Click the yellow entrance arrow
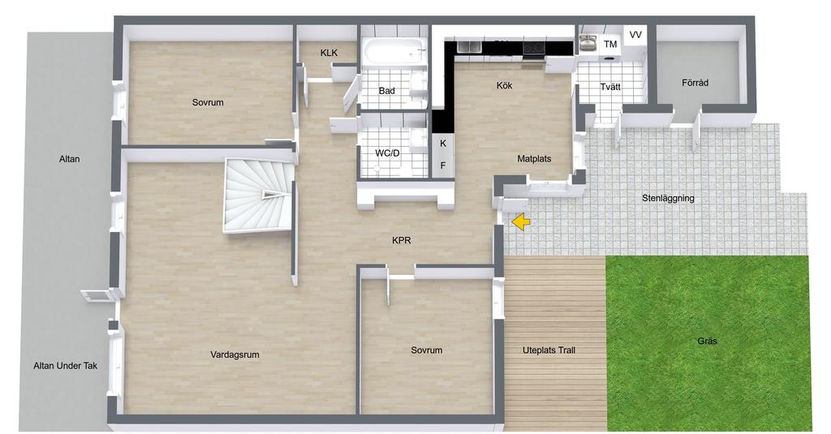pyautogui.click(x=522, y=222)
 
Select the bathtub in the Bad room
pyautogui.click(x=395, y=53)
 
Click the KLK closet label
pyautogui.click(x=329, y=53)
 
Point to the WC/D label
pyautogui.click(x=387, y=153)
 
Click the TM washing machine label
pyautogui.click(x=610, y=45)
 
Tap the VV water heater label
pyautogui.click(x=635, y=35)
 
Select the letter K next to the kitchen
pyautogui.click(x=443, y=144)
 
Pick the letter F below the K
pyautogui.click(x=443, y=165)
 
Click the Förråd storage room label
pyautogui.click(x=695, y=83)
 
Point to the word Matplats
pyautogui.click(x=534, y=158)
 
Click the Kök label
pyautogui.click(x=504, y=85)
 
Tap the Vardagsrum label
pyautogui.click(x=235, y=355)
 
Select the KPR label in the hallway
pyautogui.click(x=401, y=241)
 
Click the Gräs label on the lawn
pyautogui.click(x=707, y=341)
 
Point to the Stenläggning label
pyautogui.click(x=668, y=199)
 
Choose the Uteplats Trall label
pyautogui.click(x=549, y=350)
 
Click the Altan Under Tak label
pyautogui.click(x=65, y=366)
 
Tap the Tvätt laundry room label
pyautogui.click(x=610, y=86)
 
